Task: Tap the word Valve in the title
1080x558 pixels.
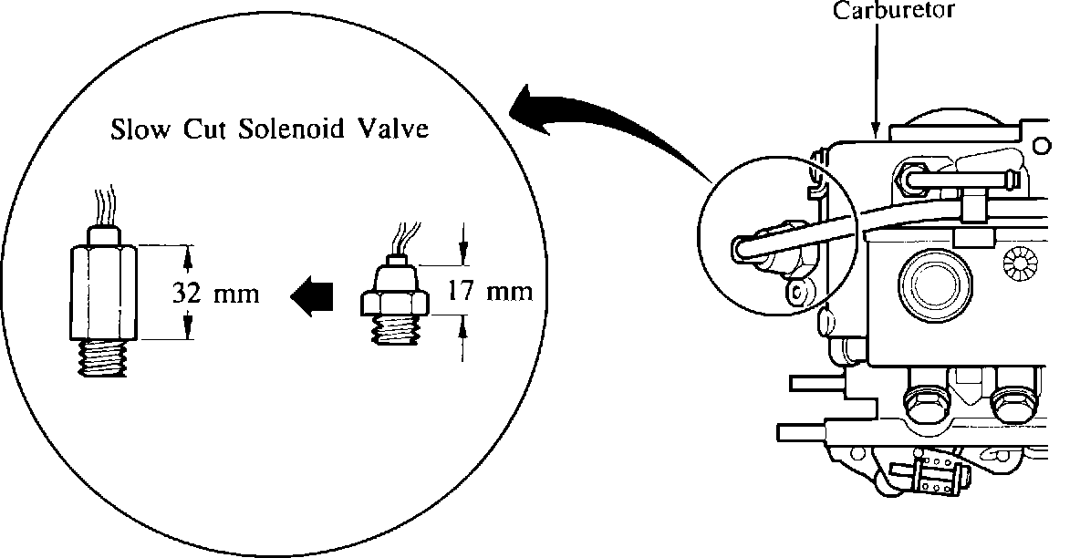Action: (x=395, y=129)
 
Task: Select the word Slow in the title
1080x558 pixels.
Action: (x=142, y=129)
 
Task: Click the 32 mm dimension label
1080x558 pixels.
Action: (x=215, y=294)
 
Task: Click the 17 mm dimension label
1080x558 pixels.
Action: (x=490, y=293)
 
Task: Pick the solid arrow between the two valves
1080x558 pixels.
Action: (x=311, y=295)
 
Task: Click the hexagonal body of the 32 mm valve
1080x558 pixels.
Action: (x=102, y=291)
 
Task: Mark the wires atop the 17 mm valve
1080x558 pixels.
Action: (x=402, y=240)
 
